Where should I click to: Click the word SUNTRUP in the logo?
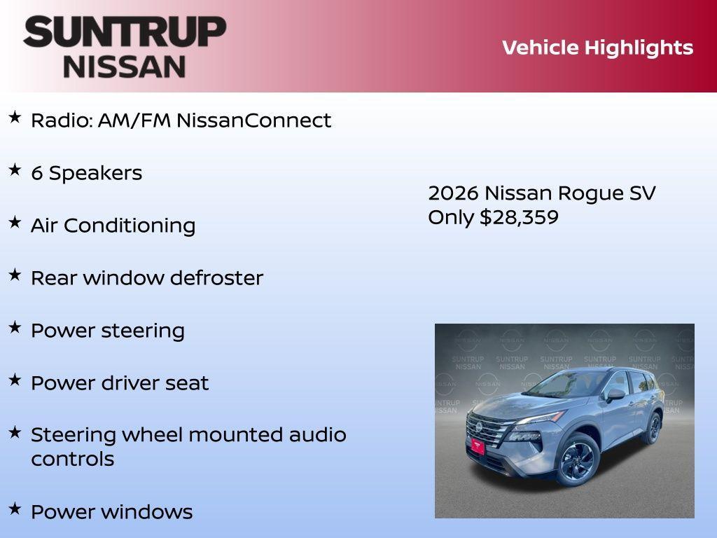point(125,32)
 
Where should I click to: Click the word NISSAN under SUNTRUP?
point(125,66)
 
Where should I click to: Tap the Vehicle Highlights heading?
point(597,48)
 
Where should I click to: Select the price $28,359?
point(519,217)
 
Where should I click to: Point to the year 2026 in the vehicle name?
point(453,193)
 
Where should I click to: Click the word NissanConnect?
point(253,120)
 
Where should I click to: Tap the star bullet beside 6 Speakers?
point(15,170)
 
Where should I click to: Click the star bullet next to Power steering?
point(15,328)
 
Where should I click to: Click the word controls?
point(72,460)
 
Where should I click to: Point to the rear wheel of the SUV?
point(654,428)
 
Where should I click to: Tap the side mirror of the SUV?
point(615,395)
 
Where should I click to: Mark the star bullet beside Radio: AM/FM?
point(15,118)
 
